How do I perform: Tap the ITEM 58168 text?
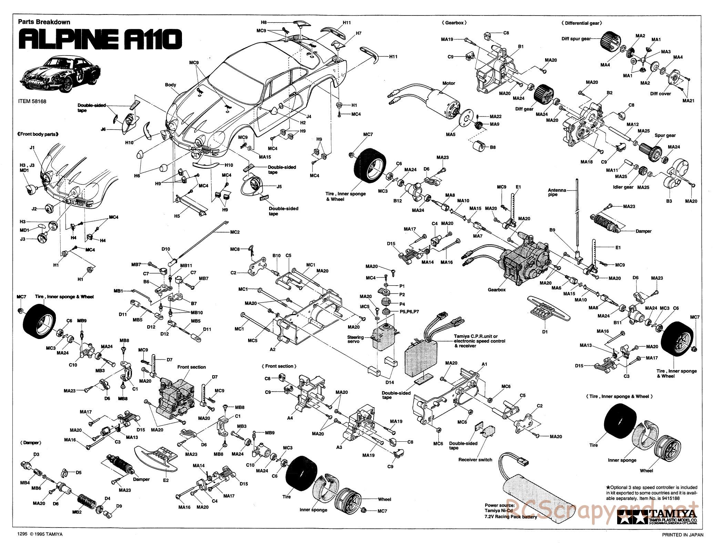(32, 101)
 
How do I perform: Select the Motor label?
(448, 83)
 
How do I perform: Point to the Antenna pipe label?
(557, 192)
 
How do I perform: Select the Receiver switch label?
(475, 460)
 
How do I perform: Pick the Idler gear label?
(623, 187)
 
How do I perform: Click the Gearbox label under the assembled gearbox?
(497, 290)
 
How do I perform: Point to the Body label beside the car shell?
(171, 85)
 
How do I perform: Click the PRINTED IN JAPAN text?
(681, 535)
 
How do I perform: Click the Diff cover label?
(660, 93)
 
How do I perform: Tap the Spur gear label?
(665, 135)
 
